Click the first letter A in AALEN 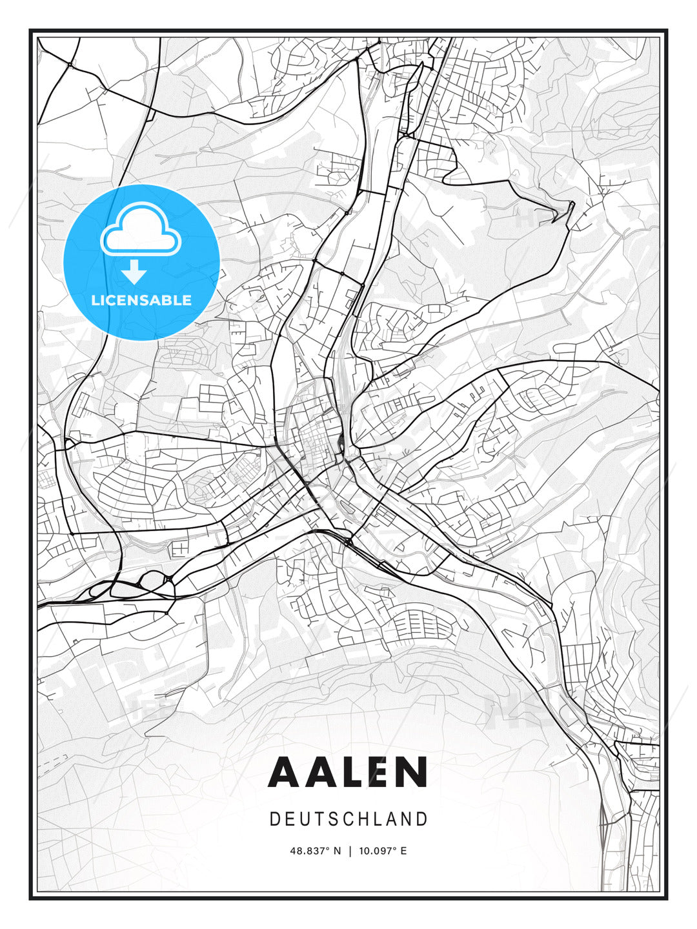tap(285, 772)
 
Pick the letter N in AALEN tap(414, 772)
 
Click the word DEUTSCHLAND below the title tap(348, 819)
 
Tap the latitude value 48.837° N tap(315, 851)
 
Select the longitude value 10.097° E tap(383, 851)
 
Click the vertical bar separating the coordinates tap(350, 851)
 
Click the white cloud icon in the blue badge tap(141, 230)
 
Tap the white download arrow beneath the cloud tap(134, 272)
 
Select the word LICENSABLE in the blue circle tap(141, 300)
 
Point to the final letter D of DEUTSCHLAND tap(422, 819)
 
